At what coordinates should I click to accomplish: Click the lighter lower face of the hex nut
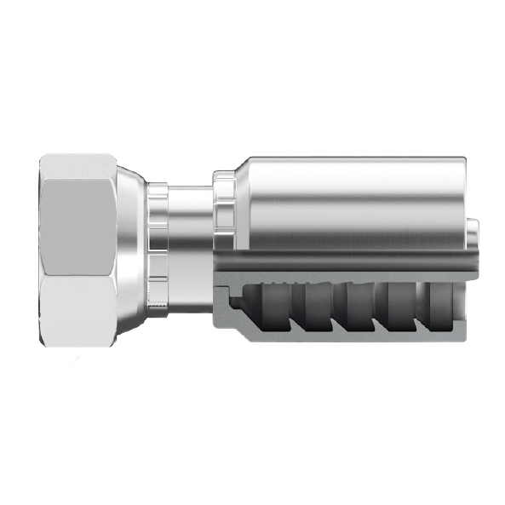pyautogui.click(x=78, y=310)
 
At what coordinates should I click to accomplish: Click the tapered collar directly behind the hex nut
pyautogui.click(x=129, y=252)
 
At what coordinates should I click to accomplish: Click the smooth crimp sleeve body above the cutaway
pyautogui.click(x=358, y=200)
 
